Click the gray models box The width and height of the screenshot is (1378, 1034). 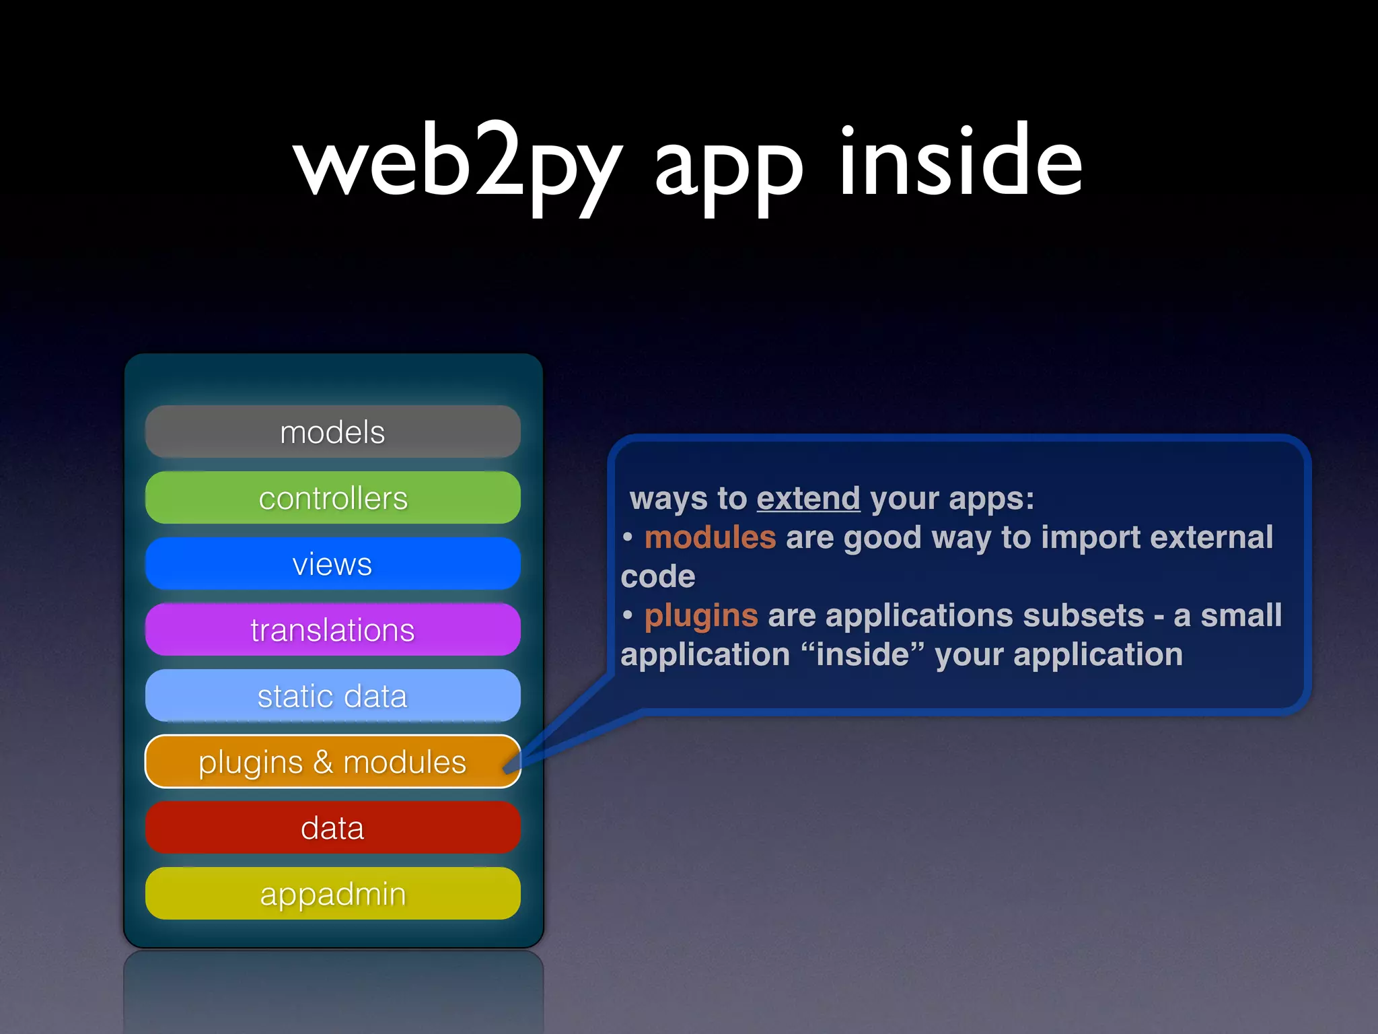[332, 432]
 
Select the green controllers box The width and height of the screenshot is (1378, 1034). [332, 498]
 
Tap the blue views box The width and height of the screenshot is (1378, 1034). [332, 564]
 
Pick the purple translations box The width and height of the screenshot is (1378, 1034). [332, 630]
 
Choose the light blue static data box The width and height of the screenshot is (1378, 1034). [332, 696]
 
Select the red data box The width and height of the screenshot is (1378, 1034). [332, 828]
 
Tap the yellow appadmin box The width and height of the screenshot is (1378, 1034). [332, 894]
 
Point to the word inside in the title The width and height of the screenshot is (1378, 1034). [961, 162]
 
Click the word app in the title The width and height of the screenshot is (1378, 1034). [728, 168]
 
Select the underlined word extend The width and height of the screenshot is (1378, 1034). [808, 499]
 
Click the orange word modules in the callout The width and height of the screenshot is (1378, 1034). [710, 538]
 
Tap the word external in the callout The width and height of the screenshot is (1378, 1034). [1211, 538]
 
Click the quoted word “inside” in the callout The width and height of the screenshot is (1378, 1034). [863, 654]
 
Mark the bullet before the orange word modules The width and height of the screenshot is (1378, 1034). [628, 538]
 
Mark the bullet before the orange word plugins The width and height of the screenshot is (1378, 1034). [628, 616]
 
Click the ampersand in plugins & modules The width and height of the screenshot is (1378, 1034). [323, 762]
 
